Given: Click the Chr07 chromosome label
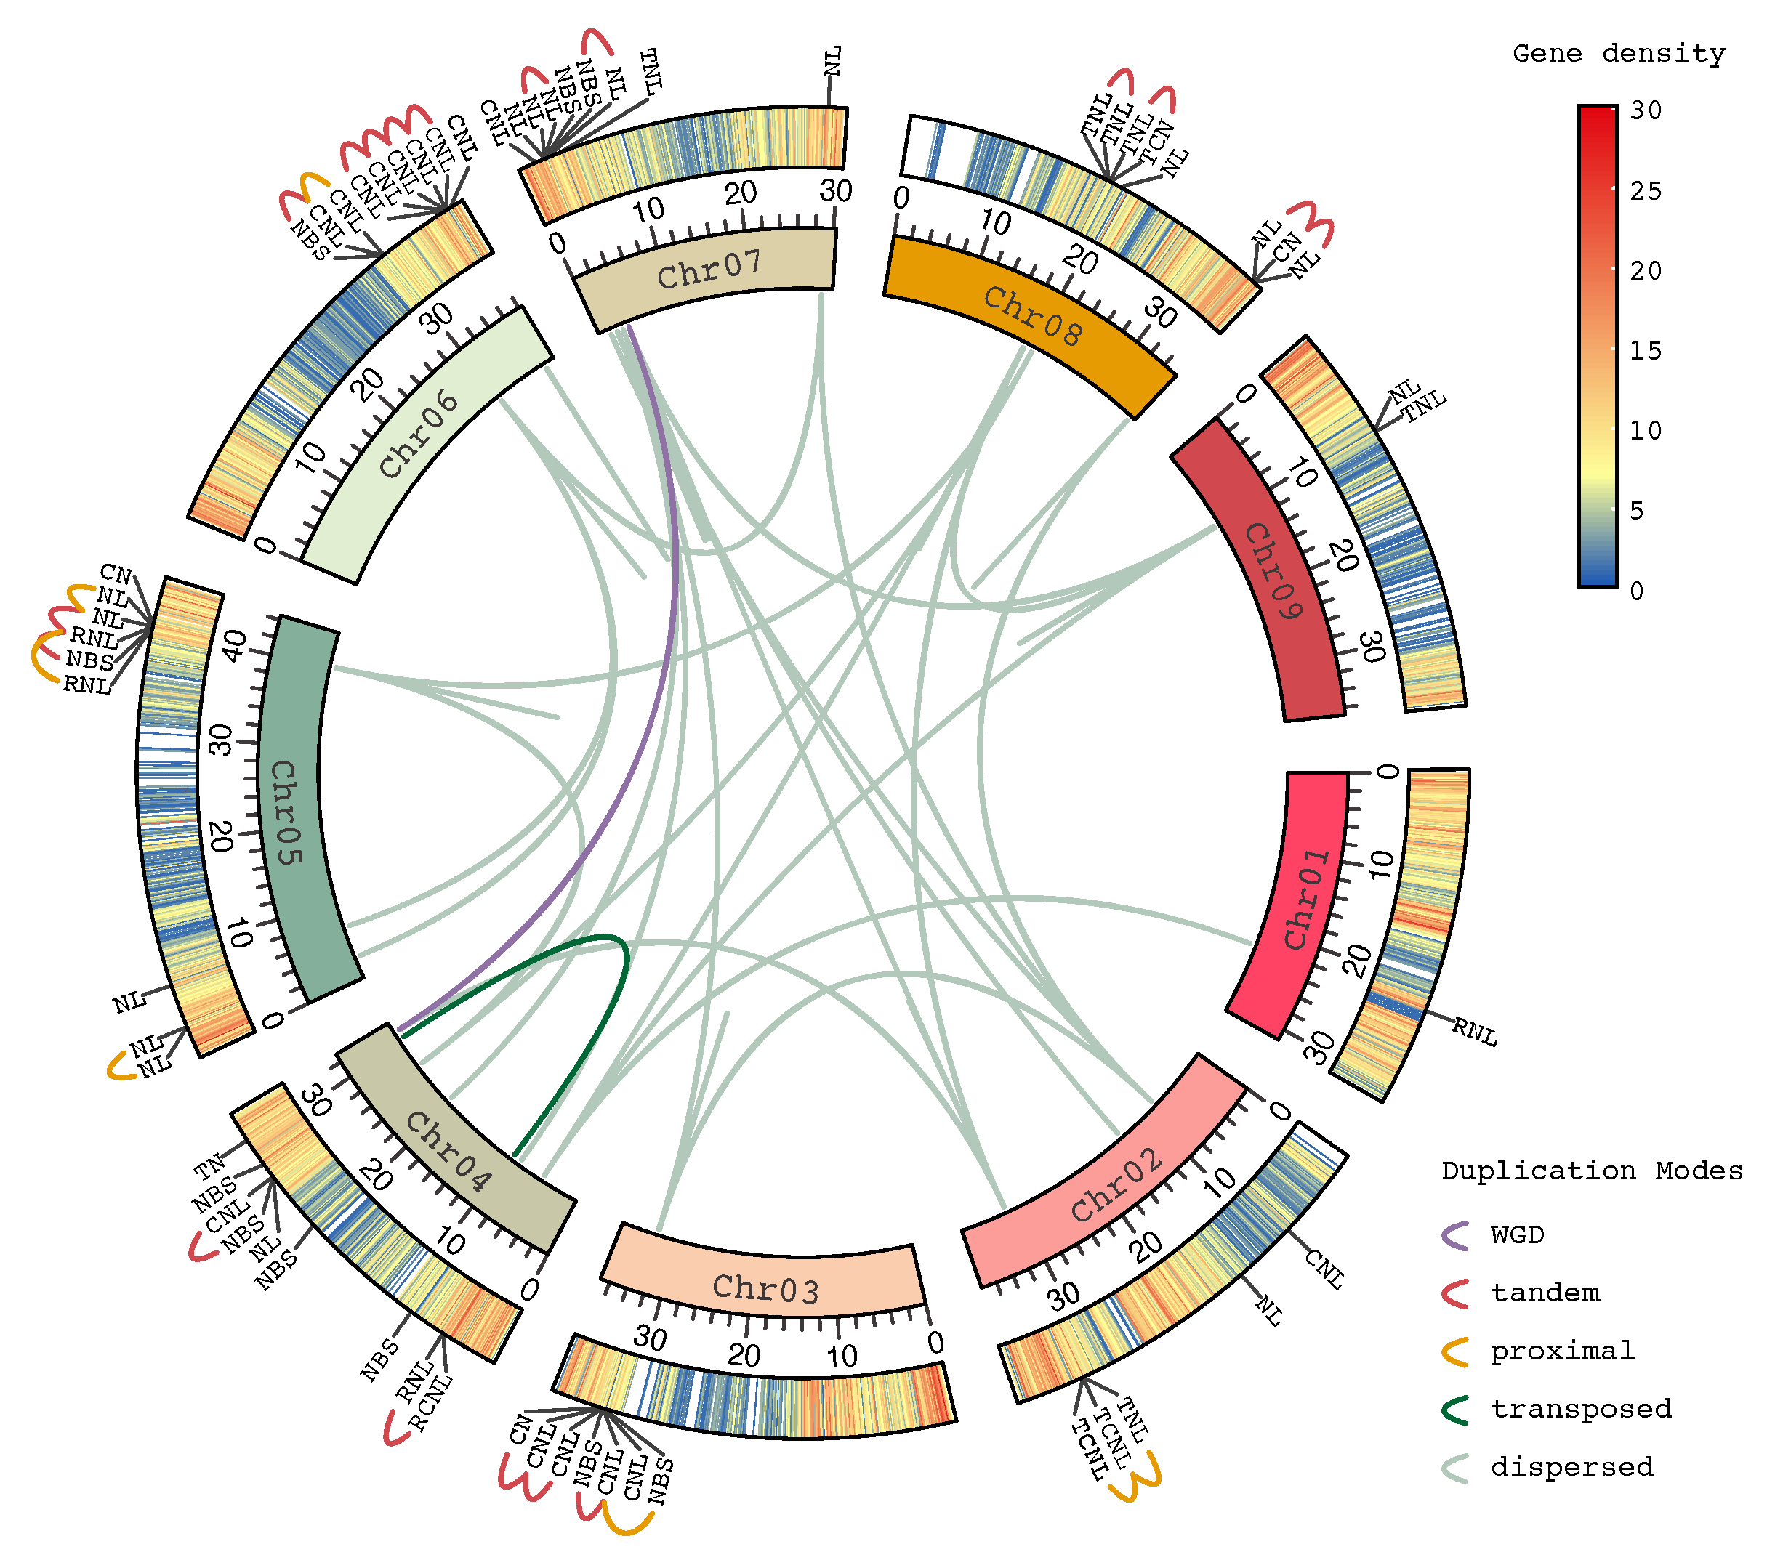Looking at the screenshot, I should pyautogui.click(x=709, y=270).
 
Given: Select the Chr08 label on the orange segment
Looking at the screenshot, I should pyautogui.click(x=1032, y=315).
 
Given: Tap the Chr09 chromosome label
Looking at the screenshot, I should pyautogui.click(x=1272, y=570).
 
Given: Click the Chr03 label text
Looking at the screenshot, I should pyautogui.click(x=765, y=1289).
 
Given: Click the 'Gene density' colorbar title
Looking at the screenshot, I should pyautogui.click(x=1618, y=54).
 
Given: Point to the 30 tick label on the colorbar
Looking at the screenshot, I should pyautogui.click(x=1646, y=110).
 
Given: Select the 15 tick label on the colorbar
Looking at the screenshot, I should pyautogui.click(x=1646, y=351).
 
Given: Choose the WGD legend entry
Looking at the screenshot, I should pyautogui.click(x=1517, y=1234).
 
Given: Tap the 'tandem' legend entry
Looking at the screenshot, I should pyautogui.click(x=1545, y=1293).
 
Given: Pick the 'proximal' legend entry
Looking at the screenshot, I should pyautogui.click(x=1562, y=1351).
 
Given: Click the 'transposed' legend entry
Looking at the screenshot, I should pyautogui.click(x=1580, y=1409).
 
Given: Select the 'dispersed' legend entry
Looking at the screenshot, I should pyautogui.click(x=1571, y=1467).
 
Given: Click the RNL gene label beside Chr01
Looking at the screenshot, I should pyautogui.click(x=1474, y=1031).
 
